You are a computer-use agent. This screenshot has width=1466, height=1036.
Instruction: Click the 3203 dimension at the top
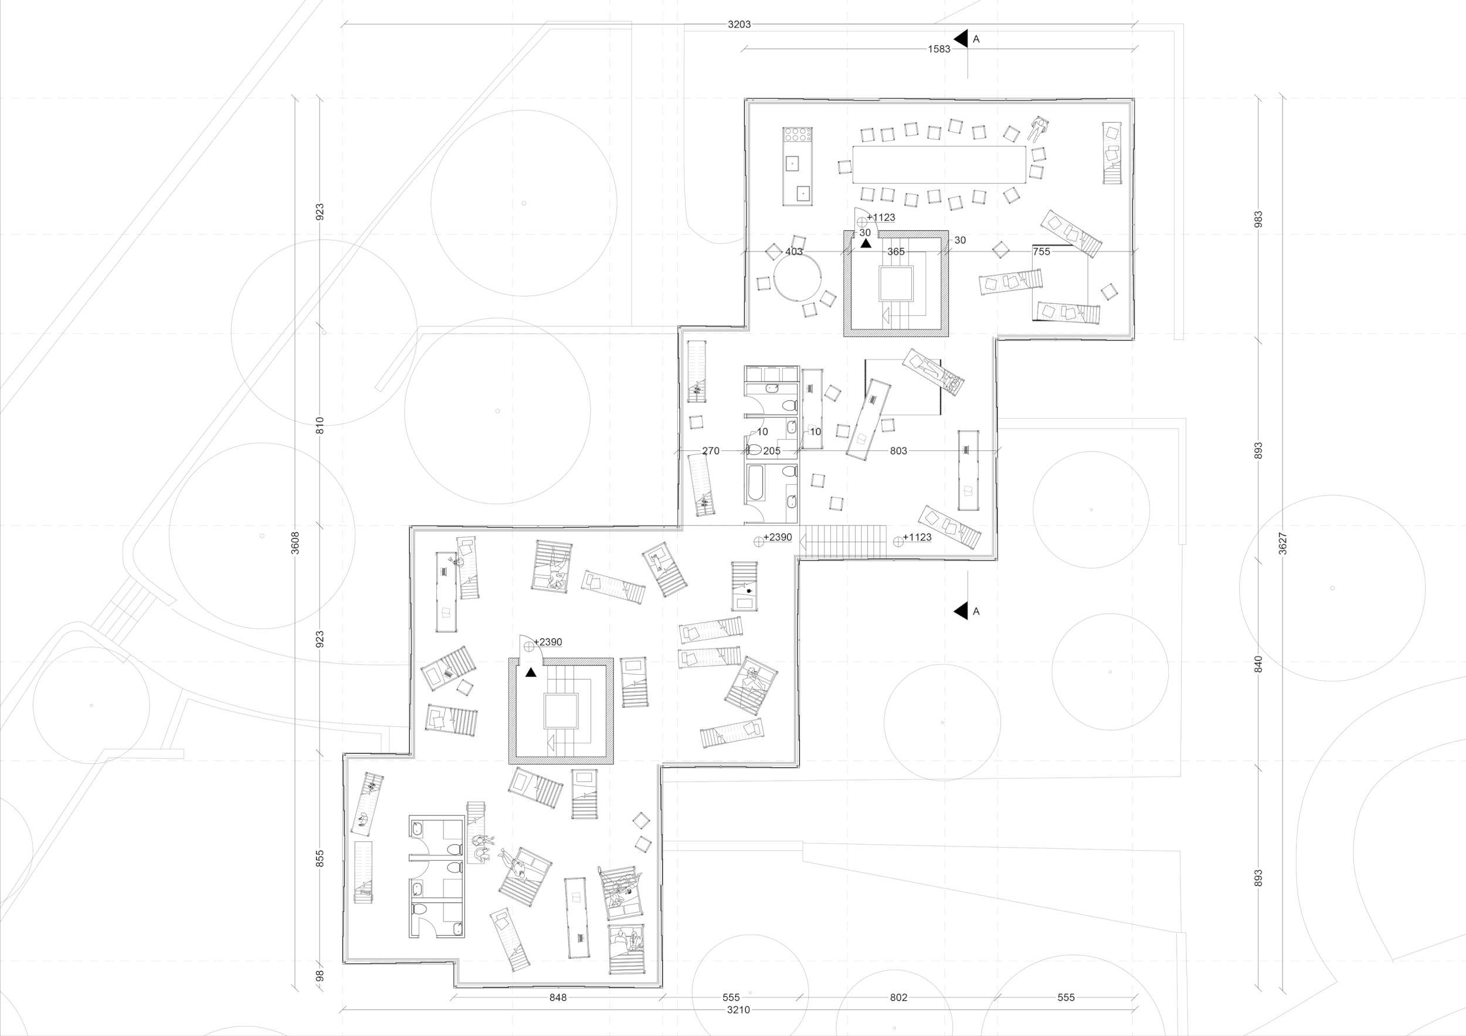739,24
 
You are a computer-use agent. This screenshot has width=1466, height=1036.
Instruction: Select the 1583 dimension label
939,49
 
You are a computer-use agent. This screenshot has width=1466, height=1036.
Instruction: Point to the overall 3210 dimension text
738,1010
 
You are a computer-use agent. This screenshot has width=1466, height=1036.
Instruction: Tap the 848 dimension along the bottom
558,997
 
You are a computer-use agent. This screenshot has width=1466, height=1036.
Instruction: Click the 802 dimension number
898,997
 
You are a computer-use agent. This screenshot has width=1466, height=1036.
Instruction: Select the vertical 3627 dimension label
1284,544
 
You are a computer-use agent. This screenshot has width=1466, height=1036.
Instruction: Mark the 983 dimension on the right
1258,219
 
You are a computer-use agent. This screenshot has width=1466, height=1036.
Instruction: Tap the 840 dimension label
1258,664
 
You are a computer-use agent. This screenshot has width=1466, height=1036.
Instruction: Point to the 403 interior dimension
793,252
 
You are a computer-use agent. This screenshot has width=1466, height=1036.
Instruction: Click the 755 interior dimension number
1041,252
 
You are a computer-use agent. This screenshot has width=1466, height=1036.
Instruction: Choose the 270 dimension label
711,451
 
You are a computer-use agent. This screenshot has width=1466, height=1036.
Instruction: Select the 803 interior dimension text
898,451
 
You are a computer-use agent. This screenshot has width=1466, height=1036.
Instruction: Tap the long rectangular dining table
939,164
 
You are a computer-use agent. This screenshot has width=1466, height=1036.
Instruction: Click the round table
797,278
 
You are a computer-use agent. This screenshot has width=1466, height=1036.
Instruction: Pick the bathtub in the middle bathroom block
755,483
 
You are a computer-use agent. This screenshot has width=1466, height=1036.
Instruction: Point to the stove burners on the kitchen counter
798,135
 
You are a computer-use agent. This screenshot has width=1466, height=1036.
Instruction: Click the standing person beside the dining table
1039,129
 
